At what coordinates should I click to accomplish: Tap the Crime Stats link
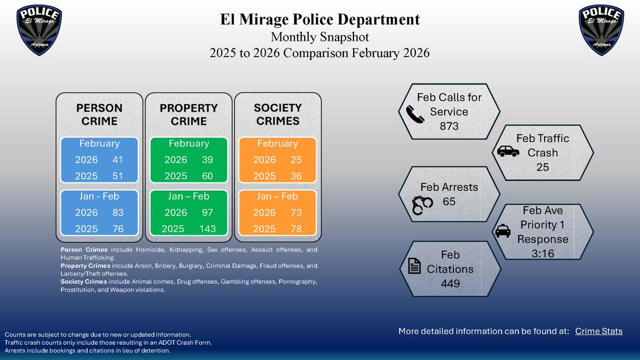pos(598,331)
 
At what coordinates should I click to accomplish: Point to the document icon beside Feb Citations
pos(415,265)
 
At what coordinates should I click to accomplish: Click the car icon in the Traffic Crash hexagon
pos(508,152)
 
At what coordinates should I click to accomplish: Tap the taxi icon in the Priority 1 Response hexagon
pos(502,231)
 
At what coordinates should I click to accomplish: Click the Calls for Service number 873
pos(450,126)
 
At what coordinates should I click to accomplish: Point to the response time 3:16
pos(543,254)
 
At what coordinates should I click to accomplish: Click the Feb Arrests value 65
pos(449,202)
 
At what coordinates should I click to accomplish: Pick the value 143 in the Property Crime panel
pos(207,229)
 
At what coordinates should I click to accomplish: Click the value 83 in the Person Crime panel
pos(118,212)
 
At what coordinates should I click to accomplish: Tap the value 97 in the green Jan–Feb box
pos(207,212)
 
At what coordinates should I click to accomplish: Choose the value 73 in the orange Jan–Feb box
pos(296,212)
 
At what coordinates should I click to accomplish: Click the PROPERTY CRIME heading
pos(189,115)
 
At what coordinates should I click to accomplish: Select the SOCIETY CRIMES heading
pos(278,115)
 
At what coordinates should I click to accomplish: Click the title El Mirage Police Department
pos(320,20)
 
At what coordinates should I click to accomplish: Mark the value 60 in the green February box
pos(207,176)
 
